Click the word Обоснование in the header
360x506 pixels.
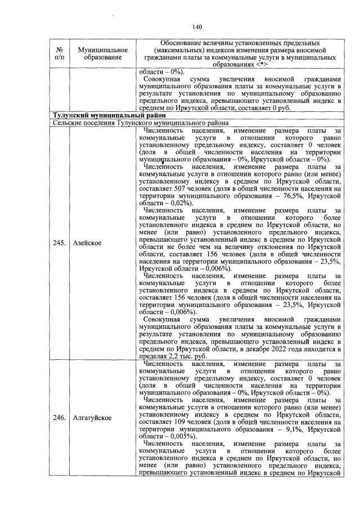[x=181, y=43]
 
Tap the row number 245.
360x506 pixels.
[x=60, y=244]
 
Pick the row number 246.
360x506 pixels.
[x=60, y=418]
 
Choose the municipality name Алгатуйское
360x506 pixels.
[x=92, y=418]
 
